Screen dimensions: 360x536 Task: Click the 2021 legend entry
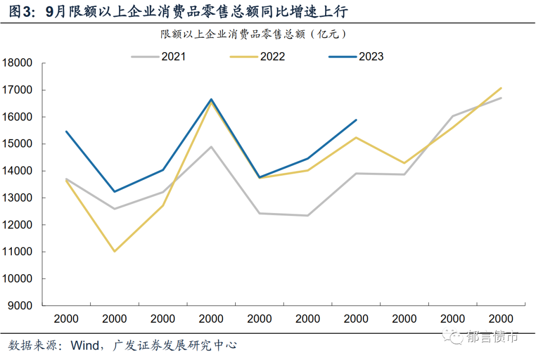click(159, 57)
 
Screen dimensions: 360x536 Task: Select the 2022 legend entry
click(258, 57)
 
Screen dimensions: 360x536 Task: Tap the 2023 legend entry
click(356, 57)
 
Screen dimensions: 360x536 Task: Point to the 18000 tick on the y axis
click(17, 64)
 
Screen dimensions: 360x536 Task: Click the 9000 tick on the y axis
click(20, 306)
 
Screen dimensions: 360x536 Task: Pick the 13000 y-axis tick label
click(17, 198)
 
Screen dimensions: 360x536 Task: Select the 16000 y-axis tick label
click(17, 117)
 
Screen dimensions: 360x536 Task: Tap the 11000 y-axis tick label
click(17, 252)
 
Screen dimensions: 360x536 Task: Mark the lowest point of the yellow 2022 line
click(115, 251)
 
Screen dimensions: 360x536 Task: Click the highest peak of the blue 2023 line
click(211, 99)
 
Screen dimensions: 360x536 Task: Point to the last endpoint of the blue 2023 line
click(356, 120)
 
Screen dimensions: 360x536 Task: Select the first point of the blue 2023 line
click(67, 132)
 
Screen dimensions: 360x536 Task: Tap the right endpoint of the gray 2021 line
click(501, 98)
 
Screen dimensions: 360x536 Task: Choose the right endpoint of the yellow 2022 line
click(501, 88)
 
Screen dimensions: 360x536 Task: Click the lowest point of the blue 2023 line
click(115, 192)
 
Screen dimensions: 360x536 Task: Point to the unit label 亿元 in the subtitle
click(330, 34)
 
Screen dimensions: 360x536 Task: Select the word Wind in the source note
click(86, 345)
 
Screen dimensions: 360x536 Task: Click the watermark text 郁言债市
click(492, 338)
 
